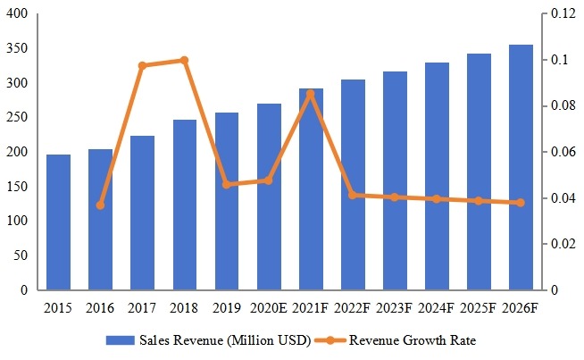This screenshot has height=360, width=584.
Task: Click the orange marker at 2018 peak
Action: [x=185, y=61]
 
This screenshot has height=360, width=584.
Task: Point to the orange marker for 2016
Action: [x=100, y=205]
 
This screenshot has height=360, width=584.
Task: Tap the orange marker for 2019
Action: [x=227, y=185]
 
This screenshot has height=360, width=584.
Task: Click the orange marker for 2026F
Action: [x=521, y=203]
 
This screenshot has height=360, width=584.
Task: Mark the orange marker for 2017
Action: [x=143, y=65]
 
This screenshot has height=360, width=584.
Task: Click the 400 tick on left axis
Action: [x=19, y=15]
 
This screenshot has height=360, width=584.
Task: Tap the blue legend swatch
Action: [x=120, y=340]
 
